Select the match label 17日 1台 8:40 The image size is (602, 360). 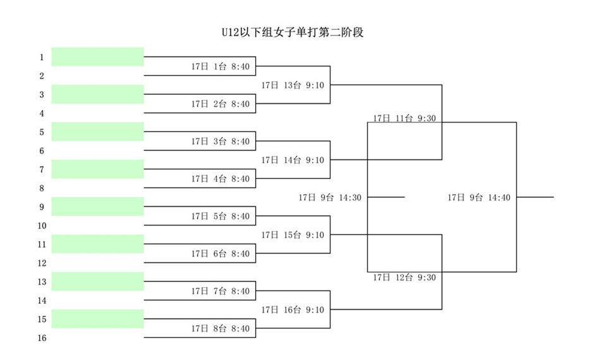point(220,66)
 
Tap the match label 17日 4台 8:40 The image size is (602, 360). point(220,179)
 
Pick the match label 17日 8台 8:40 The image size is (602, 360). point(220,328)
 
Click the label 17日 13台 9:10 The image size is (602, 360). point(292,85)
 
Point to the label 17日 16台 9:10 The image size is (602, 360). point(292,309)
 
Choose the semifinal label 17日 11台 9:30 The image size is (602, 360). point(404,118)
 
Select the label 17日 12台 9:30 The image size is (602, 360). point(404,277)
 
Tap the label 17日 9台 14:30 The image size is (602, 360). point(330,198)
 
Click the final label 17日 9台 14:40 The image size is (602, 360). point(479,198)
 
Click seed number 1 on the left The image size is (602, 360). point(42,57)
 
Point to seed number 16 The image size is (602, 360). point(42,338)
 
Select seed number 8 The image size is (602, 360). point(42,188)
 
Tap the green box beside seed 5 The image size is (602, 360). point(98,131)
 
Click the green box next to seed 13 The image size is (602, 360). point(98,281)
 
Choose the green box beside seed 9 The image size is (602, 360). point(98,207)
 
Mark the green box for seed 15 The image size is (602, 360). point(98,319)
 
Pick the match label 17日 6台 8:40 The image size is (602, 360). point(220,254)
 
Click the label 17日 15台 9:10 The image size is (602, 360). point(292,235)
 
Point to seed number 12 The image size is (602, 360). point(42,263)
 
